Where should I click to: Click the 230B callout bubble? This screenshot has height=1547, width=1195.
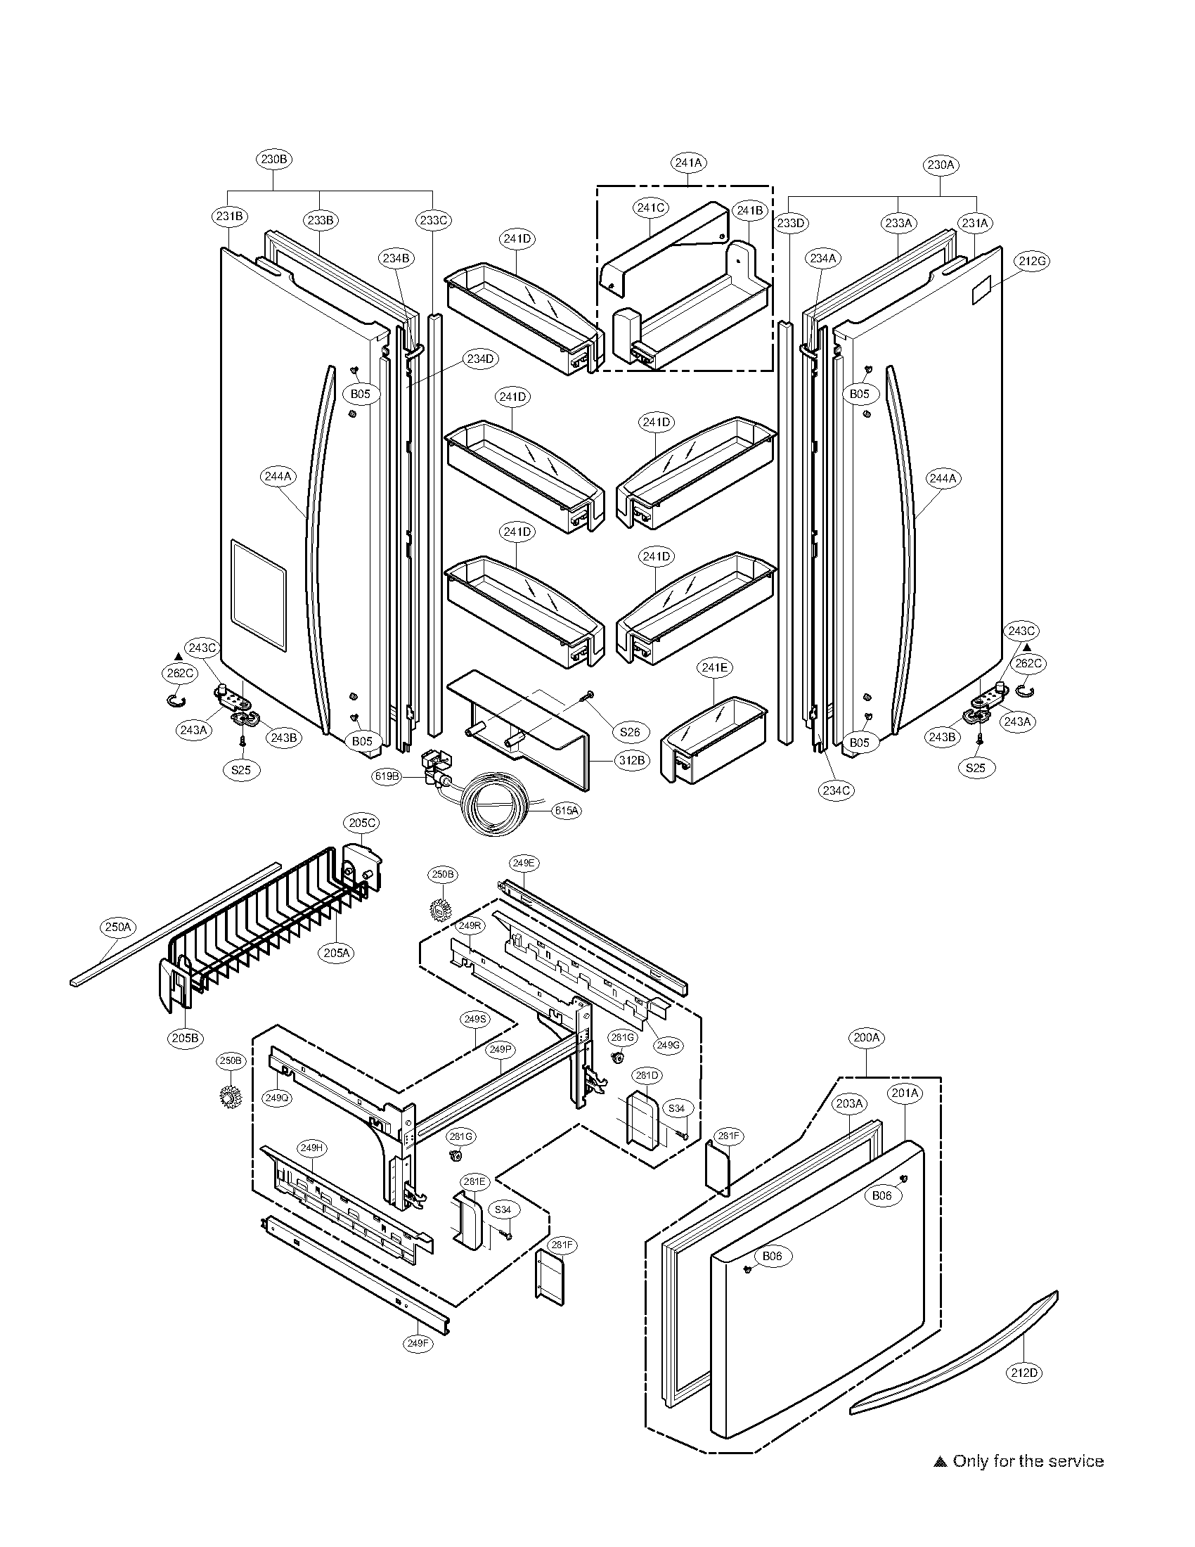coord(274,160)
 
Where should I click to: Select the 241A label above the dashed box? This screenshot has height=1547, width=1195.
coord(688,162)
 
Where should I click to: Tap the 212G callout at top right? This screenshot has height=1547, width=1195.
coord(1032,261)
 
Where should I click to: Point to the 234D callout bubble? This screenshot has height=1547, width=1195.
coord(479,359)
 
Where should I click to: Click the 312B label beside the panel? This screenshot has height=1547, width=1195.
coord(631,760)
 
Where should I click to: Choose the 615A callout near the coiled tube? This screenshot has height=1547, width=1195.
coord(566,811)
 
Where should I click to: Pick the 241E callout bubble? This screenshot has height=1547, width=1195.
coord(714,667)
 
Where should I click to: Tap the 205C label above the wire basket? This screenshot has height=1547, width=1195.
coord(363,823)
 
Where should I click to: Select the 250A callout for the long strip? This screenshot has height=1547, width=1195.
coord(118,927)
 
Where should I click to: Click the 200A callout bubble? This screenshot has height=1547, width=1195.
coord(867,1038)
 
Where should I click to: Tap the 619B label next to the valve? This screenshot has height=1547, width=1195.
coord(388,776)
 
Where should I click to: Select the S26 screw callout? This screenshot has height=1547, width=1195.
coord(629,733)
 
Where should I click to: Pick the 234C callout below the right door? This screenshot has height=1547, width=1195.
coord(836,790)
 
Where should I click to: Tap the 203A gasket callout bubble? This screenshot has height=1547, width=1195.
coord(850,1103)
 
